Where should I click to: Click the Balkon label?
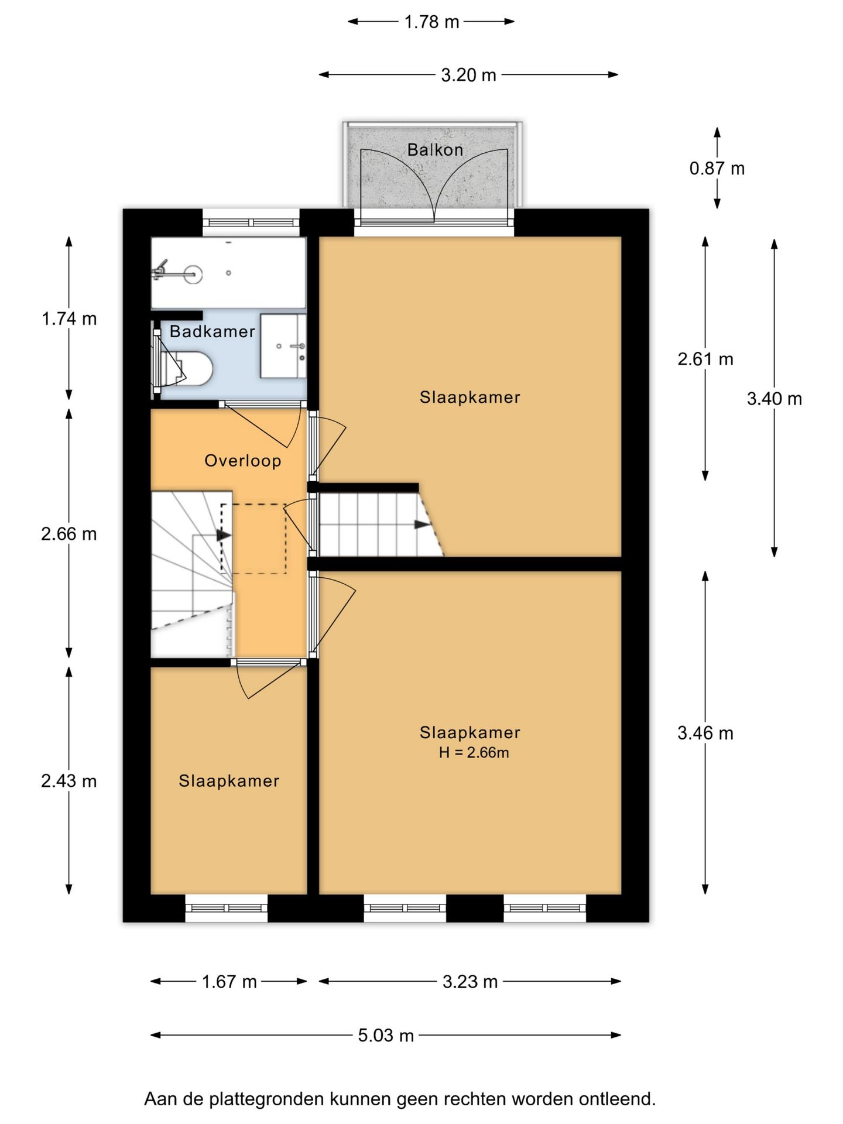click(x=435, y=150)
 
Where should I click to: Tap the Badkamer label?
click(x=212, y=331)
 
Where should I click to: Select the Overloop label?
click(x=242, y=461)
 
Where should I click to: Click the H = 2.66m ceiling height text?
click(x=474, y=753)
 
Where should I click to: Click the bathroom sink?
click(x=283, y=346)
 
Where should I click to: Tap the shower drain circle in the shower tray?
click(x=228, y=273)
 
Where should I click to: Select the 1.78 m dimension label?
click(x=431, y=22)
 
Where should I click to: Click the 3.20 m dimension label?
click(x=468, y=75)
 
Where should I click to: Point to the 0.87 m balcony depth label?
click(x=717, y=169)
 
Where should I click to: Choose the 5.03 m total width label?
click(x=386, y=1035)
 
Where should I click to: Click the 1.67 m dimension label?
click(x=229, y=981)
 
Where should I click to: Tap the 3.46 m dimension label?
click(x=705, y=733)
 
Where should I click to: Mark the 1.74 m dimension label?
click(x=69, y=318)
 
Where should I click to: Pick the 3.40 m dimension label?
click(x=774, y=399)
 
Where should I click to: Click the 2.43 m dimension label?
click(x=69, y=781)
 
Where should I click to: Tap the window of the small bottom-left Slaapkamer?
click(x=227, y=908)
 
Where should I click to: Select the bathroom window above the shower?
click(x=251, y=222)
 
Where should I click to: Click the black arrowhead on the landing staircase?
click(x=224, y=534)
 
